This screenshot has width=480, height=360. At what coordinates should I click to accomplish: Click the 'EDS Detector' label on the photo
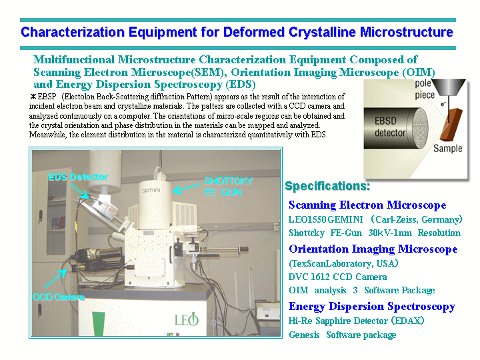(78, 177)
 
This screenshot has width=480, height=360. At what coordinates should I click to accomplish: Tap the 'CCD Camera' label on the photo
(59, 297)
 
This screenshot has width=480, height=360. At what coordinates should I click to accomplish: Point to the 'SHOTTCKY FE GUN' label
(229, 187)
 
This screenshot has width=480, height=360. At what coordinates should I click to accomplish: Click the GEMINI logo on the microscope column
(151, 191)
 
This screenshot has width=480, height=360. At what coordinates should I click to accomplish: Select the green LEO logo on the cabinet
(187, 319)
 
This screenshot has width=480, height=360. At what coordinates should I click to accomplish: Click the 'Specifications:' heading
(327, 186)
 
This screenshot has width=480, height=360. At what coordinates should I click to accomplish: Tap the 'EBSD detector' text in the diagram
(390, 127)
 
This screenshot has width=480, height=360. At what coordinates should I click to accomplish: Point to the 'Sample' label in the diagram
(447, 149)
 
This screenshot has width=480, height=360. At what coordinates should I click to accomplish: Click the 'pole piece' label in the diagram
(425, 89)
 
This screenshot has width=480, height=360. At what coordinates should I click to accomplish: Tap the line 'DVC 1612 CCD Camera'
(337, 277)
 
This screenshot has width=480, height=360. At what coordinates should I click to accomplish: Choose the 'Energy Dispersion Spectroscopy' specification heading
(372, 307)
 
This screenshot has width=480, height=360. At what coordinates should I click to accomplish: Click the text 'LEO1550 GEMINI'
(326, 219)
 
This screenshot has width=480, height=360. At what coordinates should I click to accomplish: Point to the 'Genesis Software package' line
(342, 335)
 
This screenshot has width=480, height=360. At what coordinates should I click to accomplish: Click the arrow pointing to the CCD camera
(55, 279)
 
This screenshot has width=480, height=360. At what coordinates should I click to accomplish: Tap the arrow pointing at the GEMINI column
(187, 188)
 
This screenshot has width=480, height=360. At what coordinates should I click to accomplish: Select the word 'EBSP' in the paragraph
(47, 97)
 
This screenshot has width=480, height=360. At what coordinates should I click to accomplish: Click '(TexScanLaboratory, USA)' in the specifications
(343, 263)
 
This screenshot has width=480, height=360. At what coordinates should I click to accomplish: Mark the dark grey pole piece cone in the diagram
(449, 87)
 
